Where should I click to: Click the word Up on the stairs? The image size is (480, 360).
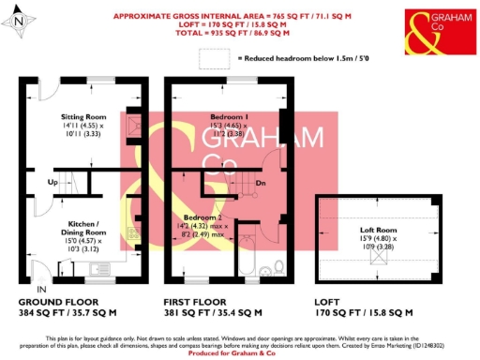[52, 181]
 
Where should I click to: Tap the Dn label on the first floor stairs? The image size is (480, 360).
[262, 182]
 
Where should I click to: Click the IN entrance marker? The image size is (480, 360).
[40, 291]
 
